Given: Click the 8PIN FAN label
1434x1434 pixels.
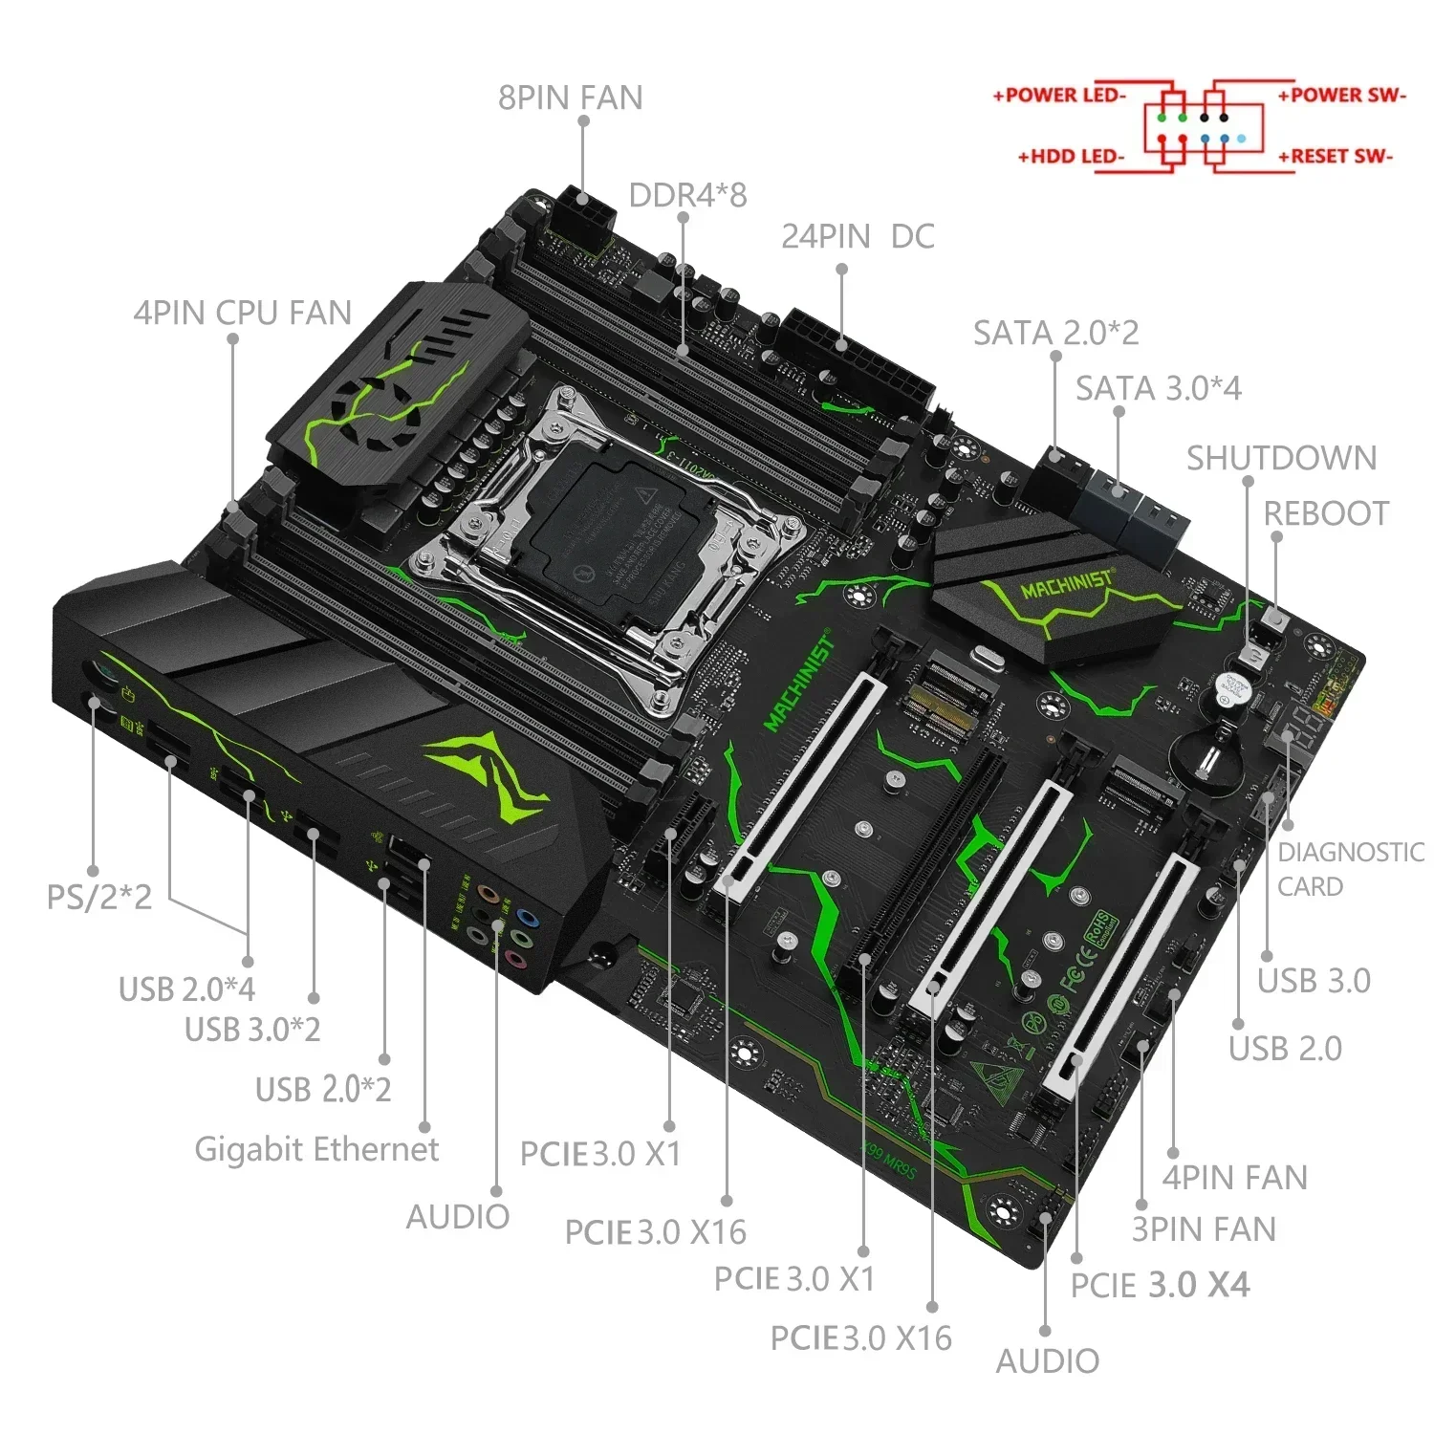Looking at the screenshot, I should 570,98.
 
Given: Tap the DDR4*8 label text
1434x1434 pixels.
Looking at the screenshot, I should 687,195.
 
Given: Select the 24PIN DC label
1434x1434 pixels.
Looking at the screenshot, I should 858,237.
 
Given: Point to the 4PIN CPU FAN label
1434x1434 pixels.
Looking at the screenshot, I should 243,313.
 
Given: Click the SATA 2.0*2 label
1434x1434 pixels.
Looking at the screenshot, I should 1055,333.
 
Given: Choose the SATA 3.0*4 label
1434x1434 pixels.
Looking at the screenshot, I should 1158,388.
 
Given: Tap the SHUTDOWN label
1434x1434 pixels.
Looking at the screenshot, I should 1281,458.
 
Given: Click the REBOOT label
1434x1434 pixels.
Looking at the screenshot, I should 1326,513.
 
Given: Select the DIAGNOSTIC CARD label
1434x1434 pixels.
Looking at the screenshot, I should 1349,869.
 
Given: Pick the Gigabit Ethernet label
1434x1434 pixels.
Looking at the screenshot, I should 316,1149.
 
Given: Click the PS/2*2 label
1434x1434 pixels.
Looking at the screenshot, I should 99,897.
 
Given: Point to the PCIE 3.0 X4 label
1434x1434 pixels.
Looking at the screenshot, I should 1159,1285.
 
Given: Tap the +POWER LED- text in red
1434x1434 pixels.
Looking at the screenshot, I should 1059,96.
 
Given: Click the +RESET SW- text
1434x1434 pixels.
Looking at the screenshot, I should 1336,156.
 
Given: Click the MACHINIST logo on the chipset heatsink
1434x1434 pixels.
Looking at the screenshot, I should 1066,585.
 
